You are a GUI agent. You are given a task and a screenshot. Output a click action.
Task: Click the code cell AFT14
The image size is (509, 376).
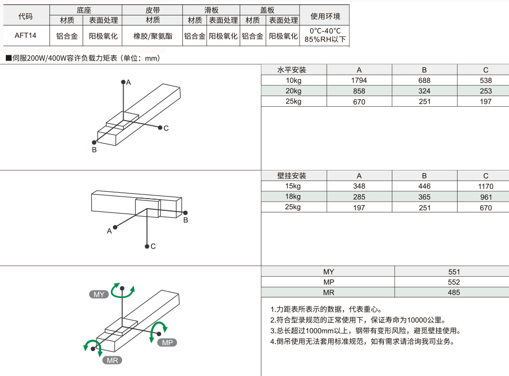click(x=25, y=36)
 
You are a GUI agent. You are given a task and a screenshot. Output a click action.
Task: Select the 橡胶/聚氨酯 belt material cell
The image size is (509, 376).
click(x=153, y=36)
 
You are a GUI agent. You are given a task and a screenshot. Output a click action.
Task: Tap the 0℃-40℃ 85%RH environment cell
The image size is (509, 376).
click(x=324, y=35)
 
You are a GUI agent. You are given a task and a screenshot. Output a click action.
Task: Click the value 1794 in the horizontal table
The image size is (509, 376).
click(x=359, y=80)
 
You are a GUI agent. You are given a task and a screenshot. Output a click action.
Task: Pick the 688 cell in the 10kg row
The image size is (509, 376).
click(x=424, y=80)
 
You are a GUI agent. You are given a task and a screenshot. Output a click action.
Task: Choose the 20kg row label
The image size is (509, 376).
click(x=293, y=91)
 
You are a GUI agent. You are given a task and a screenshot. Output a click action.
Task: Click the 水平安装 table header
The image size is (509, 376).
click(x=292, y=70)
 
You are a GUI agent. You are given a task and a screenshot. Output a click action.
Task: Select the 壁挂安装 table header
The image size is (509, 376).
click(x=292, y=176)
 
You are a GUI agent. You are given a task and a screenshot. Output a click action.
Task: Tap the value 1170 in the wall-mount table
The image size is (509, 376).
click(x=486, y=186)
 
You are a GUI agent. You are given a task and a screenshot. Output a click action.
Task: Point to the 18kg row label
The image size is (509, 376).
click(x=293, y=196)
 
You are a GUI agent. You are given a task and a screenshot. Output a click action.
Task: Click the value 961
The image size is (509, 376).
click(x=486, y=197)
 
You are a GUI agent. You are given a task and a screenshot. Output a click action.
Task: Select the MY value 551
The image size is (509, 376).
click(x=454, y=272)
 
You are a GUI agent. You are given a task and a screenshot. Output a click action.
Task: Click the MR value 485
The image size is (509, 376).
click(x=454, y=293)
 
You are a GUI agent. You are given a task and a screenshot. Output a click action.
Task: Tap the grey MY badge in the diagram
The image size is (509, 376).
click(x=99, y=294)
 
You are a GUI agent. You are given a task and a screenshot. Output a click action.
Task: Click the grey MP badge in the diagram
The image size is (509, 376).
click(x=167, y=343)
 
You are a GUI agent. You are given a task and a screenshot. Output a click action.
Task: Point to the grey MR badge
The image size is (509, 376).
click(x=112, y=361)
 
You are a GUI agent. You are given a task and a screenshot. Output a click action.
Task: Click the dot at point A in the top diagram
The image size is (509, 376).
click(x=123, y=82)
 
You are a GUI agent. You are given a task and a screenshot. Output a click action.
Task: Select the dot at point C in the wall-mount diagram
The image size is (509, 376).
click(x=147, y=246)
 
